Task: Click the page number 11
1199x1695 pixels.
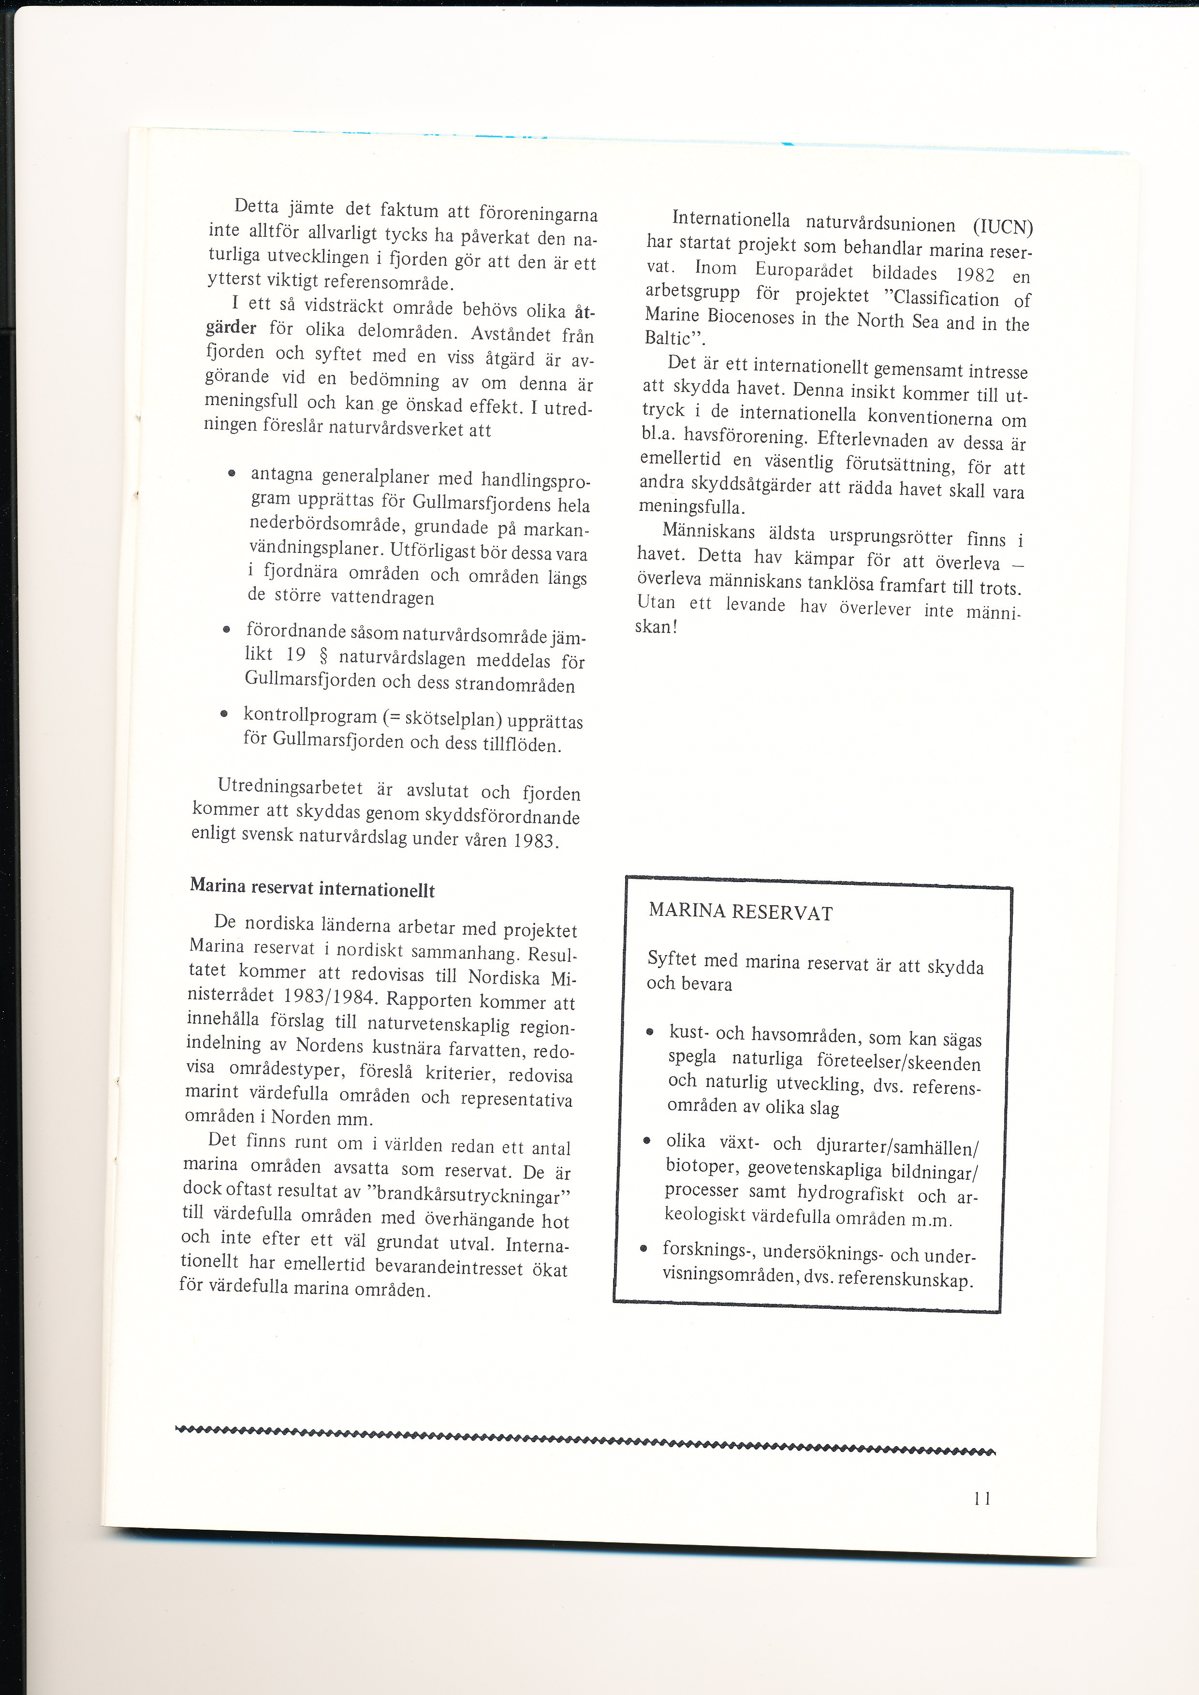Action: tap(982, 1498)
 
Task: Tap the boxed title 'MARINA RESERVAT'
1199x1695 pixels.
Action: tap(741, 912)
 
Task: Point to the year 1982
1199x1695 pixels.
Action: tap(975, 275)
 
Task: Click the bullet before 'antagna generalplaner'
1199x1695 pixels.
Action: tap(232, 473)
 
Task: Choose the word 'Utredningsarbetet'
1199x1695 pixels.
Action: tap(290, 786)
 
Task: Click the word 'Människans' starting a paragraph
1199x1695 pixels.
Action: tap(708, 532)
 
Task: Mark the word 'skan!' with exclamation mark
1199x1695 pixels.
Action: tap(656, 627)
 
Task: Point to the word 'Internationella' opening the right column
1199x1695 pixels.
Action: tap(731, 219)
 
